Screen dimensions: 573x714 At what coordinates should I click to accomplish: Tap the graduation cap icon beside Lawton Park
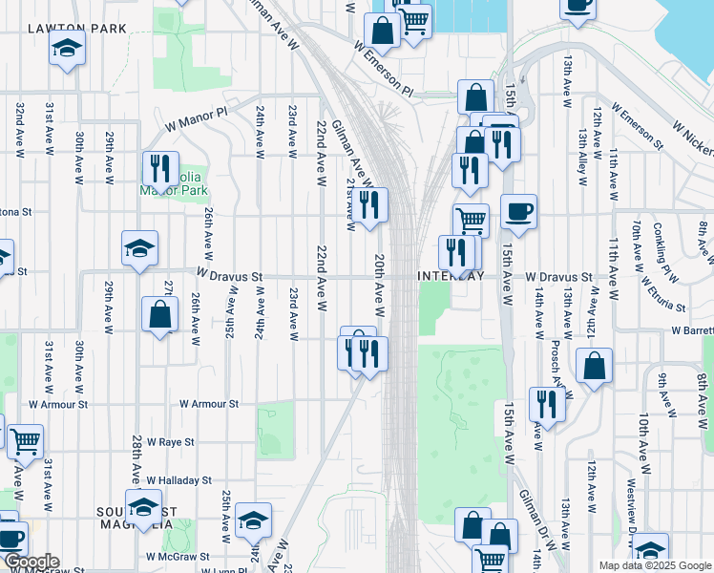[x=67, y=47]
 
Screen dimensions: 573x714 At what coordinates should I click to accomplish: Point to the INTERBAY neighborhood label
[x=451, y=276]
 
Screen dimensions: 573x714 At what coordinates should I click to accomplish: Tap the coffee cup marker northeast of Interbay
[x=518, y=212]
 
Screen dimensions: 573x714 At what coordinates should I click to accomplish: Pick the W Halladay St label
[x=178, y=480]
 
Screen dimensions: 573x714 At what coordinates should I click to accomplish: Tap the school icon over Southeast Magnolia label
[x=143, y=506]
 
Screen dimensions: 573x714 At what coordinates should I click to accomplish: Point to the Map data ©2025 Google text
[x=655, y=565]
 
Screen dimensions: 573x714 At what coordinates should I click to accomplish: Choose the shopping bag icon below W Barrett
[x=594, y=365]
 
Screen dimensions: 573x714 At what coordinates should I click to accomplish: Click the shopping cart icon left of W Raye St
[x=25, y=441]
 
